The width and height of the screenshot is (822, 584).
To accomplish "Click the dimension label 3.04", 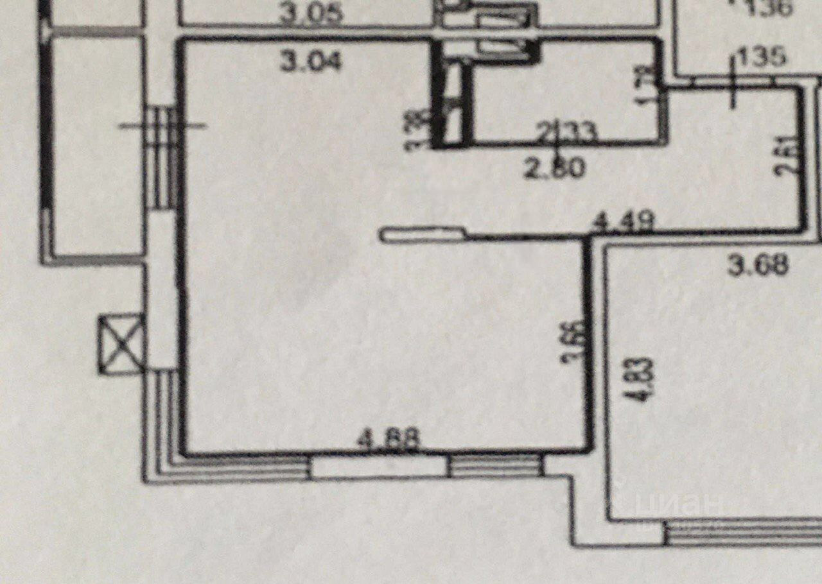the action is (x=311, y=62).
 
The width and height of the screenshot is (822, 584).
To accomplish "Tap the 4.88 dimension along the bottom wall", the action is (x=389, y=440).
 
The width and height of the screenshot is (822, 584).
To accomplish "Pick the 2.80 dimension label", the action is (x=555, y=169).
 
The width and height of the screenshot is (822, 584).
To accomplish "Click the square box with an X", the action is (x=121, y=343).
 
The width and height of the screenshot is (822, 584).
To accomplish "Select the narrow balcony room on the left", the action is (x=96, y=144).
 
